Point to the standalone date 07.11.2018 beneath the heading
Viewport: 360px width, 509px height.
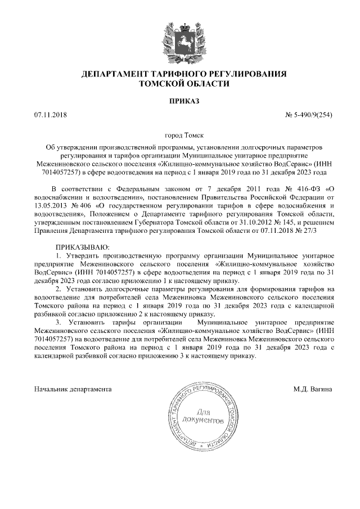coord(50,115)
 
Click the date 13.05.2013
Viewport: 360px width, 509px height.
coord(50,206)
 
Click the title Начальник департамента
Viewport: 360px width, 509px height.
coord(73,389)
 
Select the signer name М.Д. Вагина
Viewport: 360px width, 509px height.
coord(313,389)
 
